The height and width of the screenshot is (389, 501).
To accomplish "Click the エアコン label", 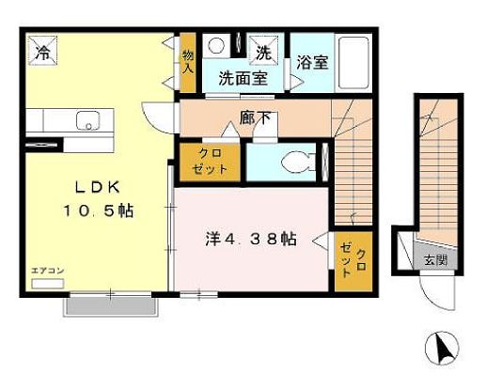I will coord(47,271).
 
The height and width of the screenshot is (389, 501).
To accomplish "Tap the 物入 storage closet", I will coord(187,63).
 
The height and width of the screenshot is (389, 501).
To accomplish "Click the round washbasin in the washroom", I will coord(216,45).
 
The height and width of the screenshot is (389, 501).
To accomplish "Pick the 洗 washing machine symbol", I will coord(264,53).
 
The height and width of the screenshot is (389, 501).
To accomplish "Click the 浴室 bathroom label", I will coord(311,64).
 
